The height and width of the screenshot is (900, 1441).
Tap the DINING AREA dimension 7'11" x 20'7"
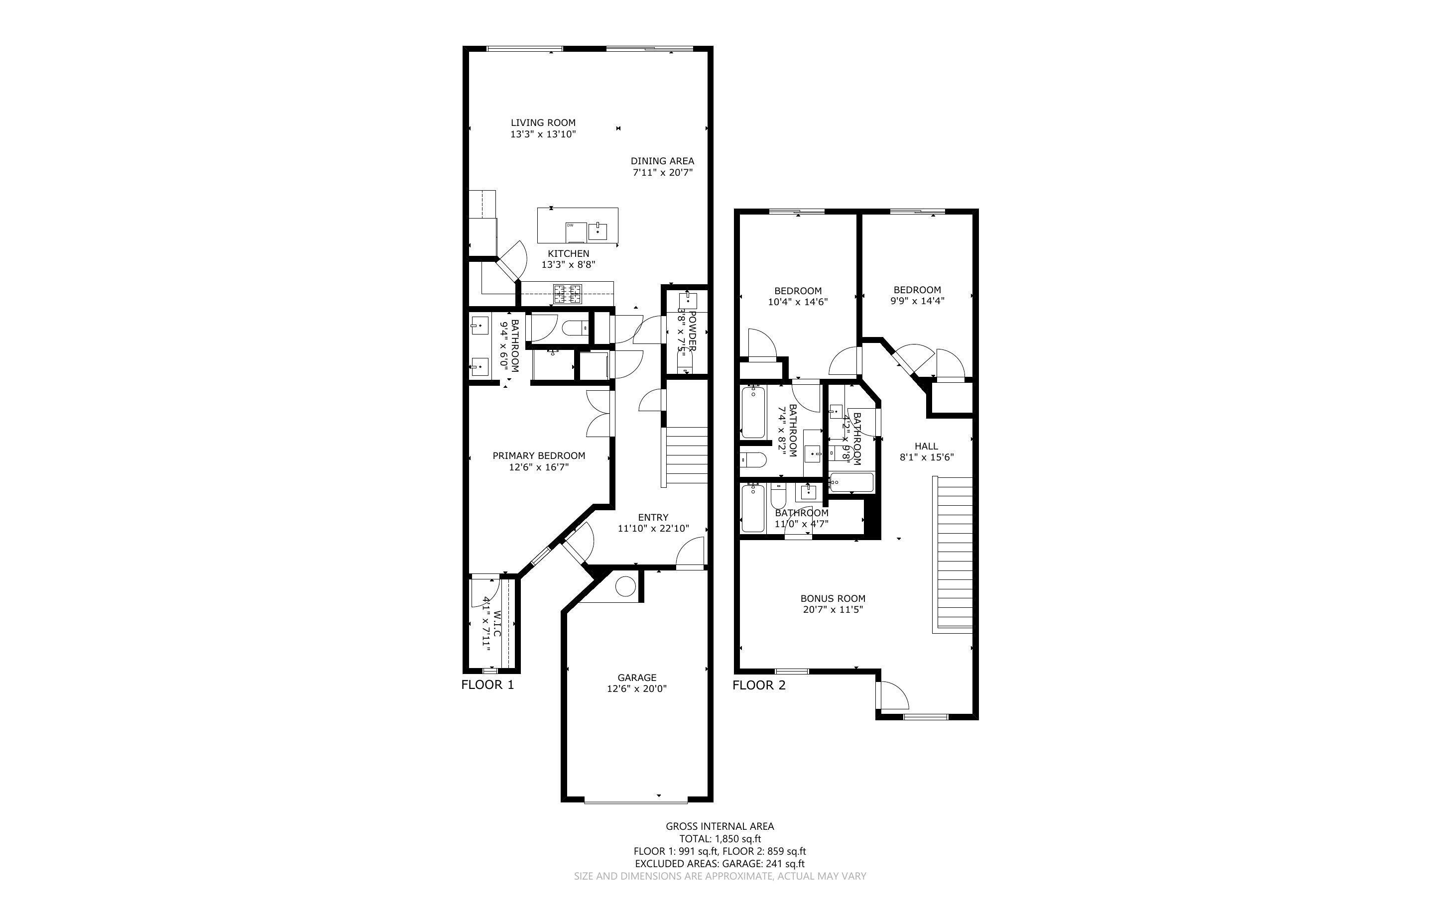[662, 173]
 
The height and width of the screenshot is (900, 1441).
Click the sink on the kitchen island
[598, 231]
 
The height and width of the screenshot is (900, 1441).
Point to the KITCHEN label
[569, 253]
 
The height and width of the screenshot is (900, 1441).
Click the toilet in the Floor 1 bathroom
[575, 328]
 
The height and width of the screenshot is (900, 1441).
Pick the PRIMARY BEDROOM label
[539, 456]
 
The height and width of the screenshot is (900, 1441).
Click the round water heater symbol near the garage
[625, 587]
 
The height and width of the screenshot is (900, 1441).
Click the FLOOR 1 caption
[487, 685]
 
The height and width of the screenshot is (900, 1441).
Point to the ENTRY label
[653, 518]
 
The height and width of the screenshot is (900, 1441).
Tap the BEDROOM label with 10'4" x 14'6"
[798, 291]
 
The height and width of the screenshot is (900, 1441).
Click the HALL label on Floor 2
[926, 447]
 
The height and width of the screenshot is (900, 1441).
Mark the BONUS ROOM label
[833, 599]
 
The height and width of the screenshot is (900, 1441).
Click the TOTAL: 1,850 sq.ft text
[720, 839]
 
